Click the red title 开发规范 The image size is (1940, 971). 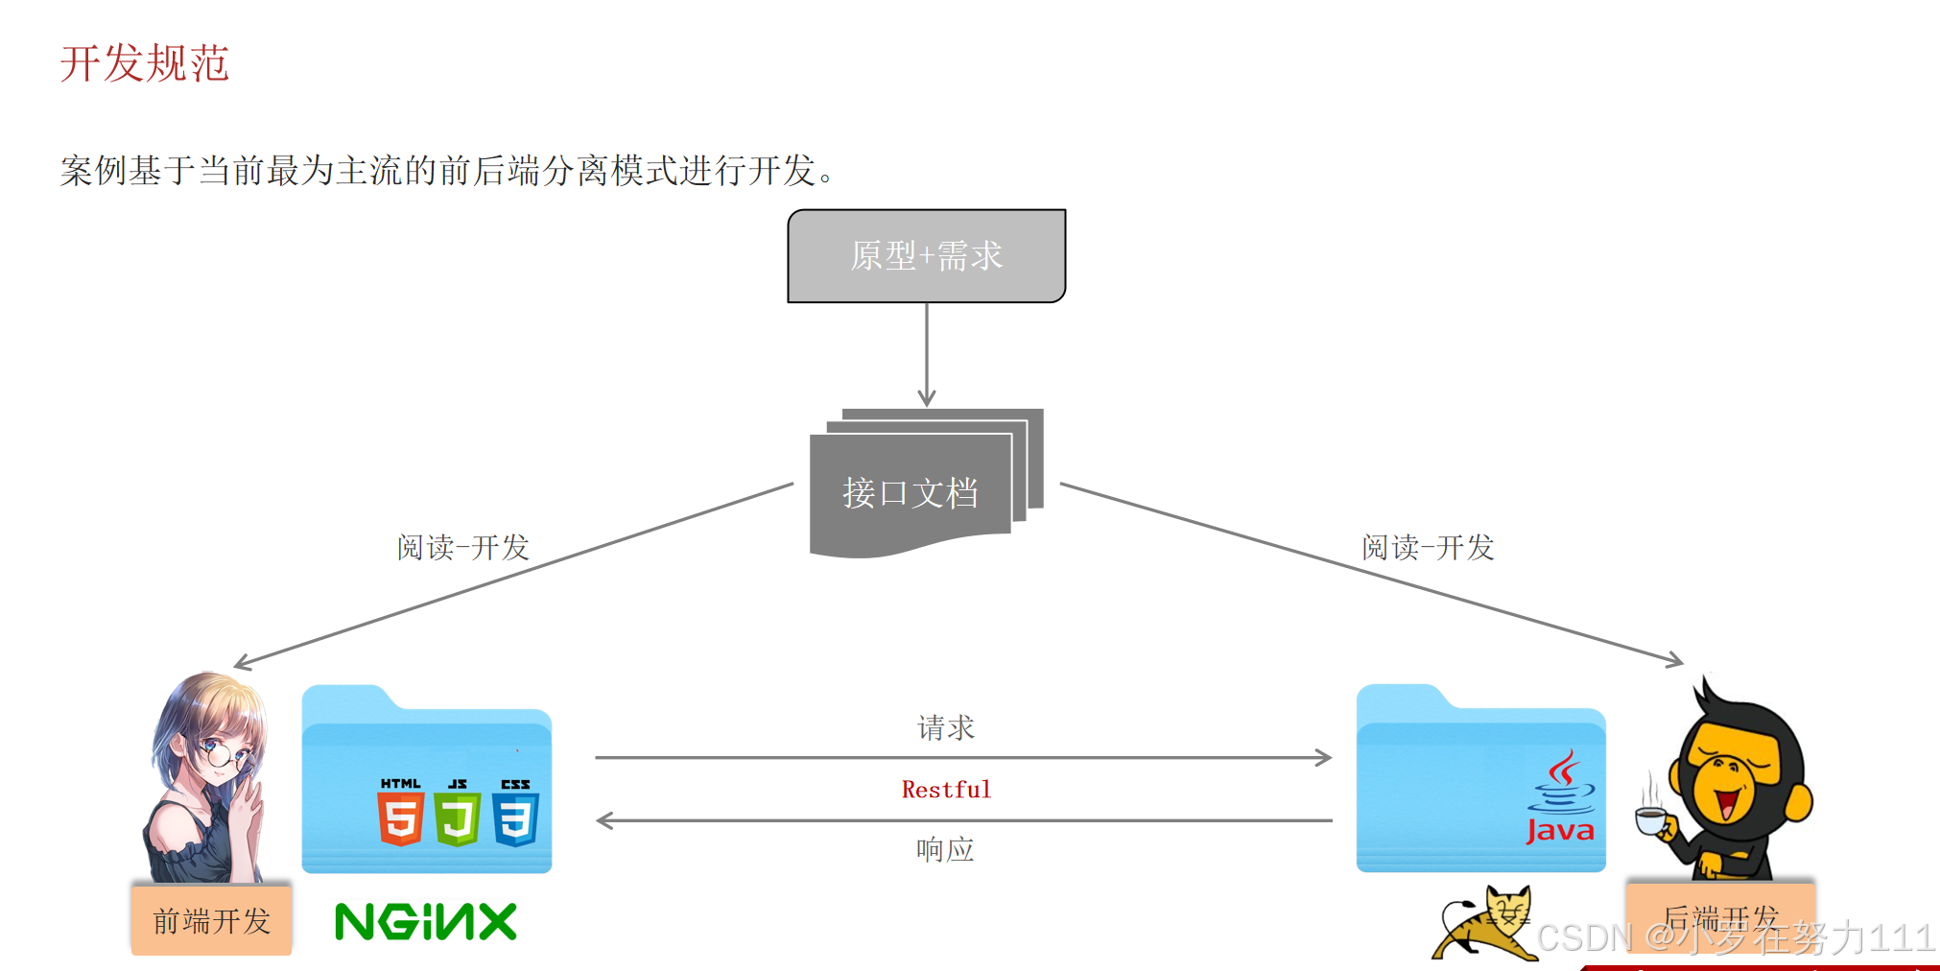point(144,63)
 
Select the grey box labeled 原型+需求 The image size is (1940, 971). point(926,256)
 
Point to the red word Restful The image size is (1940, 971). point(946,790)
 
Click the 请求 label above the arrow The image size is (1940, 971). point(946,727)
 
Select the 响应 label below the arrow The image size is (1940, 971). point(945,849)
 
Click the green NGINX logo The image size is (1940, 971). point(426,922)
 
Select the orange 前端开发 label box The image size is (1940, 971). point(212,920)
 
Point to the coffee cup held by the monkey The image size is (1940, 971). point(1651,819)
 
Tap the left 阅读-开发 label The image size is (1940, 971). point(463,547)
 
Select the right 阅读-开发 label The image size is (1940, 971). point(1428,547)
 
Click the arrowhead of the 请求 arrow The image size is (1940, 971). point(1325,758)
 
